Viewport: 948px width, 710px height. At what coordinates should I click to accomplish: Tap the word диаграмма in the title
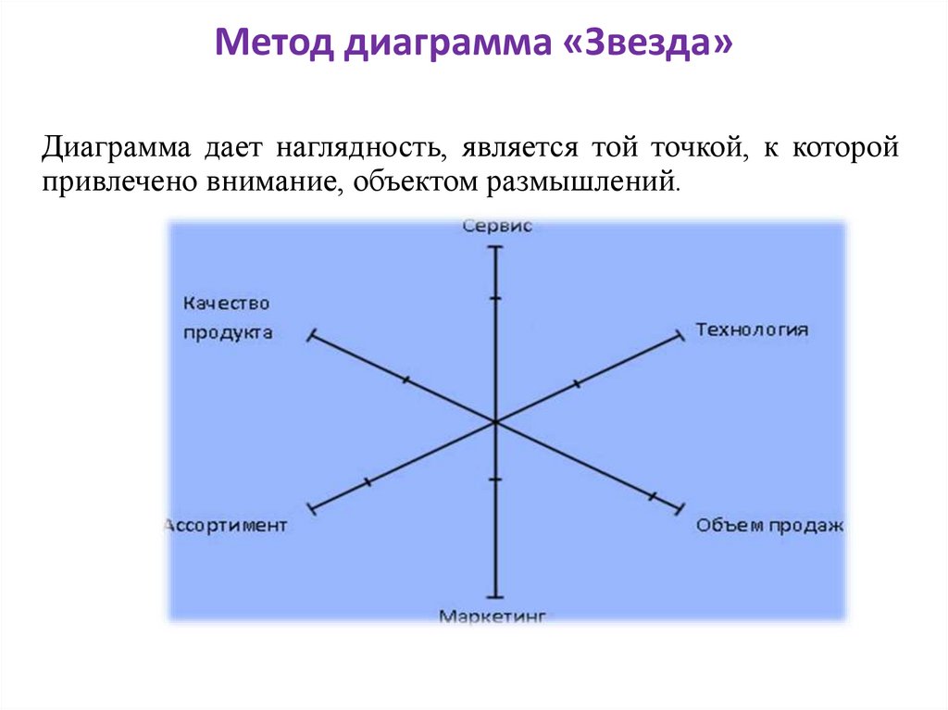(448, 44)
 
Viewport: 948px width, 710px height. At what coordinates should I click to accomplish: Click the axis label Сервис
(496, 227)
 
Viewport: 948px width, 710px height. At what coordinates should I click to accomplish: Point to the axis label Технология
(752, 330)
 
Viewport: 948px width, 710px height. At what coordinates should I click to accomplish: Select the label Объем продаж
(769, 526)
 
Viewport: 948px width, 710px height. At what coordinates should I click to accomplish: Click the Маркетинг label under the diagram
(493, 615)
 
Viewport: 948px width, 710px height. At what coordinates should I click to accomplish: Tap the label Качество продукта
(227, 318)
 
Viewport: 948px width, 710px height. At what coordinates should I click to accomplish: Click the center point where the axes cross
(495, 421)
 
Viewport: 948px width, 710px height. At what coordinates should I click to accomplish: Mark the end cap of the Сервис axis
(496, 248)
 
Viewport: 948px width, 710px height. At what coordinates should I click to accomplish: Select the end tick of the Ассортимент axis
(312, 507)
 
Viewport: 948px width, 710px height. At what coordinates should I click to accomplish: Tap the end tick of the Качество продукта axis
(312, 335)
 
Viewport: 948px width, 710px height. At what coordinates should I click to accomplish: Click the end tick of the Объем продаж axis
(680, 507)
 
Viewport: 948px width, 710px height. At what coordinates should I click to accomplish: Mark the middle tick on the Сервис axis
(496, 298)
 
